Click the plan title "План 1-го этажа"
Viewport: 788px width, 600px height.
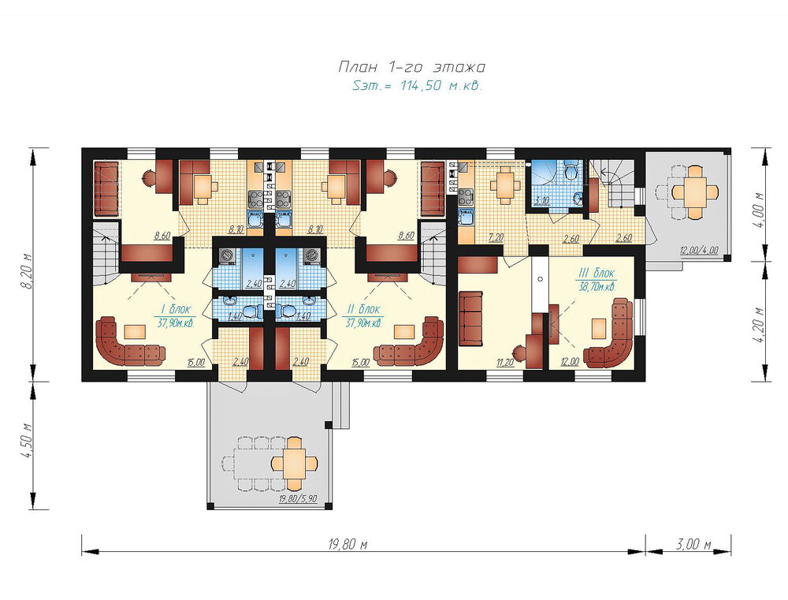click(x=411, y=67)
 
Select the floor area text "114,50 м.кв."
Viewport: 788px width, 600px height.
click(x=441, y=85)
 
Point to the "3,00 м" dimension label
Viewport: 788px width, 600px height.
click(x=693, y=544)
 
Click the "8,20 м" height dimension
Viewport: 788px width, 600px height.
click(x=28, y=270)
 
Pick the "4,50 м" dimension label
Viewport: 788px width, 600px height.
click(x=28, y=441)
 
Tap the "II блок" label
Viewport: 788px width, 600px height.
click(x=363, y=309)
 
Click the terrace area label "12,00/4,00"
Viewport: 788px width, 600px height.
click(x=699, y=250)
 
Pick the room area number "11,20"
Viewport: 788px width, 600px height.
click(x=505, y=362)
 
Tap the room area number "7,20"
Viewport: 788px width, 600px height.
click(x=496, y=237)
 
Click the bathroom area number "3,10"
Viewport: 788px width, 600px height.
click(x=542, y=201)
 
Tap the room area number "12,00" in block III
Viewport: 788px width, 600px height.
click(x=570, y=362)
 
